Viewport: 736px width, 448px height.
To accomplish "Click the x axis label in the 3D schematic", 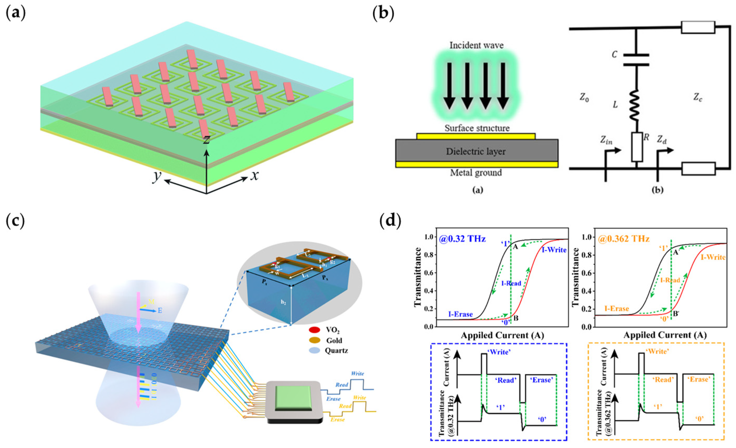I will point(254,176).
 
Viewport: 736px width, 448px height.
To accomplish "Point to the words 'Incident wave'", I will point(476,46).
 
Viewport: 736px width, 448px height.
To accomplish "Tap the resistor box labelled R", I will point(637,147).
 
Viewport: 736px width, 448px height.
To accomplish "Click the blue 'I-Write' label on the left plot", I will point(554,250).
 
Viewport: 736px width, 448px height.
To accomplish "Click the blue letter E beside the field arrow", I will point(160,311).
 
